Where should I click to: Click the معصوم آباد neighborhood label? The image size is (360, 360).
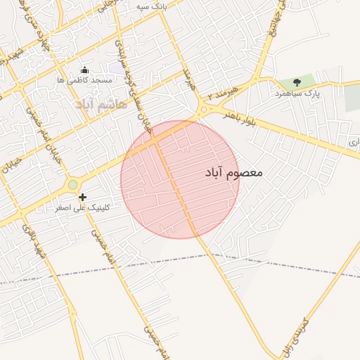coord(235,172)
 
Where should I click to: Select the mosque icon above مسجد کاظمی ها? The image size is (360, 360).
coord(85,70)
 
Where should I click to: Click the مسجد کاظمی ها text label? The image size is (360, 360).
coord(85,80)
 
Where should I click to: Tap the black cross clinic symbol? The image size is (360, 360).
coord(83,198)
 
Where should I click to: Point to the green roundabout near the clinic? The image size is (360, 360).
coord(72,185)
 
